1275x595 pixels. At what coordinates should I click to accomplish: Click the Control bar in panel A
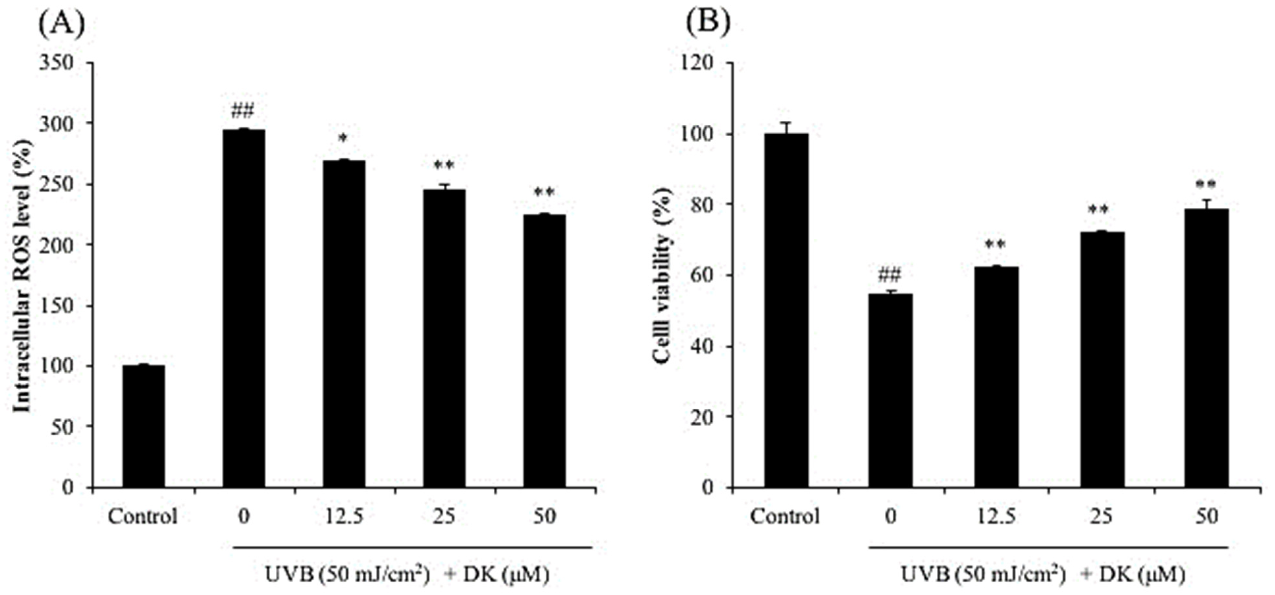[144, 427]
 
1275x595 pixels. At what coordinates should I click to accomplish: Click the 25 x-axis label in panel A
[444, 517]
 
